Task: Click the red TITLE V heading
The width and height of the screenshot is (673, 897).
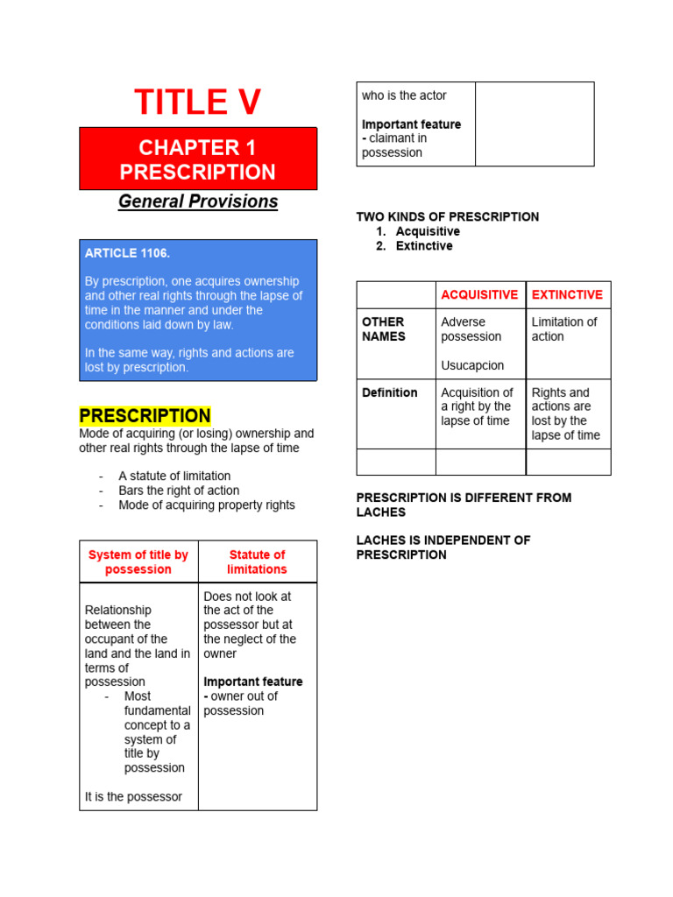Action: pyautogui.click(x=198, y=102)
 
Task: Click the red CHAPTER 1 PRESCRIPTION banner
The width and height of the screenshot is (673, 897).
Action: pyautogui.click(x=198, y=159)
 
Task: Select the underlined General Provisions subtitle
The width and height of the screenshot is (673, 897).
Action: pyautogui.click(x=198, y=201)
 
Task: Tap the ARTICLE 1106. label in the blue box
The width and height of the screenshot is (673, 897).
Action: pyautogui.click(x=127, y=253)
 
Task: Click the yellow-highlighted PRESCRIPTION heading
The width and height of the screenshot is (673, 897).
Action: pyautogui.click(x=145, y=416)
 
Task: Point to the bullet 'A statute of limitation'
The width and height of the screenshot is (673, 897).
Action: pyautogui.click(x=174, y=477)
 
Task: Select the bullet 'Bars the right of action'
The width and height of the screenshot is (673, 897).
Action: pyautogui.click(x=179, y=491)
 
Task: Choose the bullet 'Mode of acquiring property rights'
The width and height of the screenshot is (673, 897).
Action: pyautogui.click(x=207, y=505)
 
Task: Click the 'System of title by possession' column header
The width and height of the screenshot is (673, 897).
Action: pyautogui.click(x=138, y=562)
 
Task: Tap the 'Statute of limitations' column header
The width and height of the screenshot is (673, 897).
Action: pyautogui.click(x=257, y=562)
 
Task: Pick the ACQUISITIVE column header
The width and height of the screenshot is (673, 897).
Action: pyautogui.click(x=479, y=295)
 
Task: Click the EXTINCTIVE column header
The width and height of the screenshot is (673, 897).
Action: pyautogui.click(x=567, y=295)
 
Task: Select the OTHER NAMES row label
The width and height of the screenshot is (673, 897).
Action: pyautogui.click(x=383, y=329)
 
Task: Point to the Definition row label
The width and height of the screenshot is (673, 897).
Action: pyautogui.click(x=390, y=392)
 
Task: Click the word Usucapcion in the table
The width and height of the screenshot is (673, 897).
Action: pyautogui.click(x=472, y=365)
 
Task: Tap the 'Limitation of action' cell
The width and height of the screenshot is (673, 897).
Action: pyautogui.click(x=564, y=329)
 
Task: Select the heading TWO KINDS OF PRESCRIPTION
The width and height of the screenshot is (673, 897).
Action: pyautogui.click(x=448, y=216)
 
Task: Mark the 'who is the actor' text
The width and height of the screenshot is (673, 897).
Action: pyautogui.click(x=404, y=95)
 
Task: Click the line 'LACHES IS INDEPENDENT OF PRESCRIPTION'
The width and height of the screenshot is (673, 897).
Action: pyautogui.click(x=443, y=547)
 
